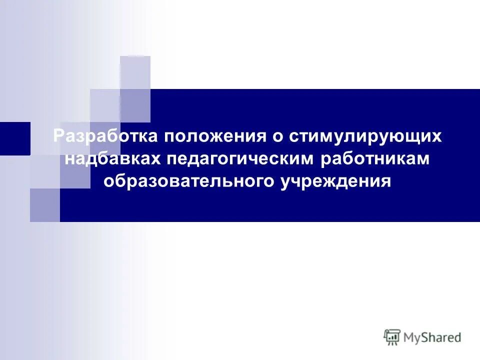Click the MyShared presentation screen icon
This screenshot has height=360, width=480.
click(x=392, y=337)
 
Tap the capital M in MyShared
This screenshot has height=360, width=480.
click(x=410, y=337)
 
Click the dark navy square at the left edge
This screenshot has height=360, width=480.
click(x=15, y=138)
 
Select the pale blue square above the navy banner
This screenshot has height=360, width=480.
click(x=135, y=72)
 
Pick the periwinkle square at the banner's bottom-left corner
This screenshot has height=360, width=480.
click(x=44, y=205)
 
